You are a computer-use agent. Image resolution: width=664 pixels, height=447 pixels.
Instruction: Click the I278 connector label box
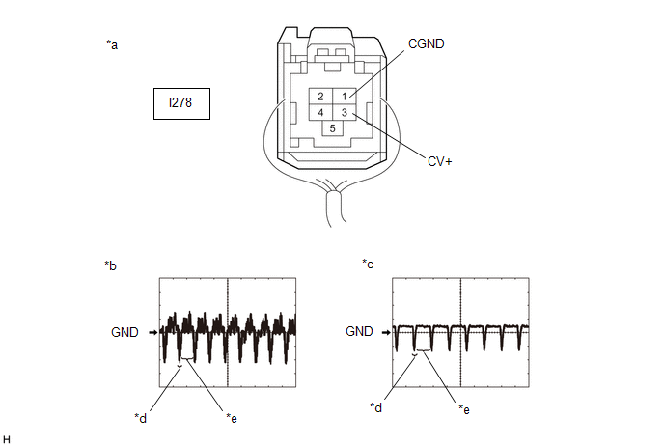(x=181, y=104)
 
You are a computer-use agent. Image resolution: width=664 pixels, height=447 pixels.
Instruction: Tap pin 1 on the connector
(x=345, y=97)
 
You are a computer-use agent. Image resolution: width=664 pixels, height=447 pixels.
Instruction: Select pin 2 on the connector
(x=320, y=97)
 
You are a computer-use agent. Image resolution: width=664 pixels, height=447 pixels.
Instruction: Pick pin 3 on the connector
(x=345, y=112)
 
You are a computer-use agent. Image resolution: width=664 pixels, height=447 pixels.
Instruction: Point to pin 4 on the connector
(x=320, y=112)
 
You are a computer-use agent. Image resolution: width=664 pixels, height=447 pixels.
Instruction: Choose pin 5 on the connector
(x=332, y=128)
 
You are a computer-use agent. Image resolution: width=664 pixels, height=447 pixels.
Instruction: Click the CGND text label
(x=426, y=43)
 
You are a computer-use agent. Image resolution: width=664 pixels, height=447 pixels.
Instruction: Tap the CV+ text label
(x=439, y=161)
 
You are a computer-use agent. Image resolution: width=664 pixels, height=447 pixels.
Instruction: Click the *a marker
(x=112, y=44)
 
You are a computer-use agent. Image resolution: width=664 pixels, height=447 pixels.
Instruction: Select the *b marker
(x=111, y=265)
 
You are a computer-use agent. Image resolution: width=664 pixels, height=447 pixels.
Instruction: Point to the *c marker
(x=368, y=264)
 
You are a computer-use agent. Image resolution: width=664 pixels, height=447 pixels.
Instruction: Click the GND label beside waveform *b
(x=124, y=332)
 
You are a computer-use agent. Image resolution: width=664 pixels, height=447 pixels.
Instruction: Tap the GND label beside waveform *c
(x=359, y=331)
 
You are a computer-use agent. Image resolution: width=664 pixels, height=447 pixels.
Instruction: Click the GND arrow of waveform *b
(x=153, y=333)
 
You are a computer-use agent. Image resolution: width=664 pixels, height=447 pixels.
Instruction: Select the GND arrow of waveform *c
(x=386, y=333)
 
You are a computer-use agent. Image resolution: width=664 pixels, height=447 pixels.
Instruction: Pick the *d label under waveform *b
(x=141, y=418)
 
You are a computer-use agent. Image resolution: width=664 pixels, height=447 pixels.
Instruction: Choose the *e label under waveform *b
(x=232, y=418)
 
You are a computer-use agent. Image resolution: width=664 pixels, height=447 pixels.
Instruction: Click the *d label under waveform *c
(x=376, y=407)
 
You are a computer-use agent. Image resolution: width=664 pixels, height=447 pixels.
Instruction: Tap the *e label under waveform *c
(x=464, y=409)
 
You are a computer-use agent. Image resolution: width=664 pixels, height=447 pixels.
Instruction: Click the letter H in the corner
(x=7, y=440)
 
